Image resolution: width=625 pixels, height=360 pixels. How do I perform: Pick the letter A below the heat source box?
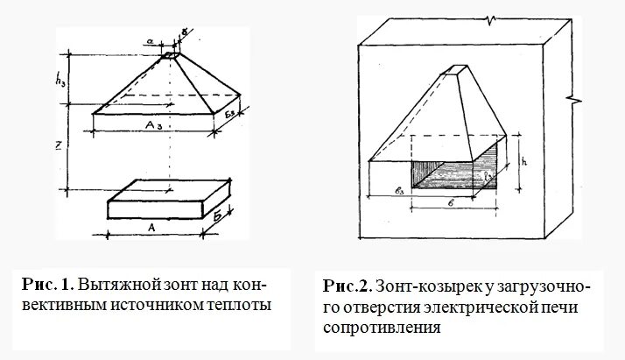click(151, 226)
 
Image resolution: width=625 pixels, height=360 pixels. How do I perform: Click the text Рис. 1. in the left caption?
click(48, 286)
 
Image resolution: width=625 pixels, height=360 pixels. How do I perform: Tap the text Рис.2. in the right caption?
click(347, 288)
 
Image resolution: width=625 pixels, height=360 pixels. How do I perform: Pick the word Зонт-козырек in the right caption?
click(428, 288)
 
